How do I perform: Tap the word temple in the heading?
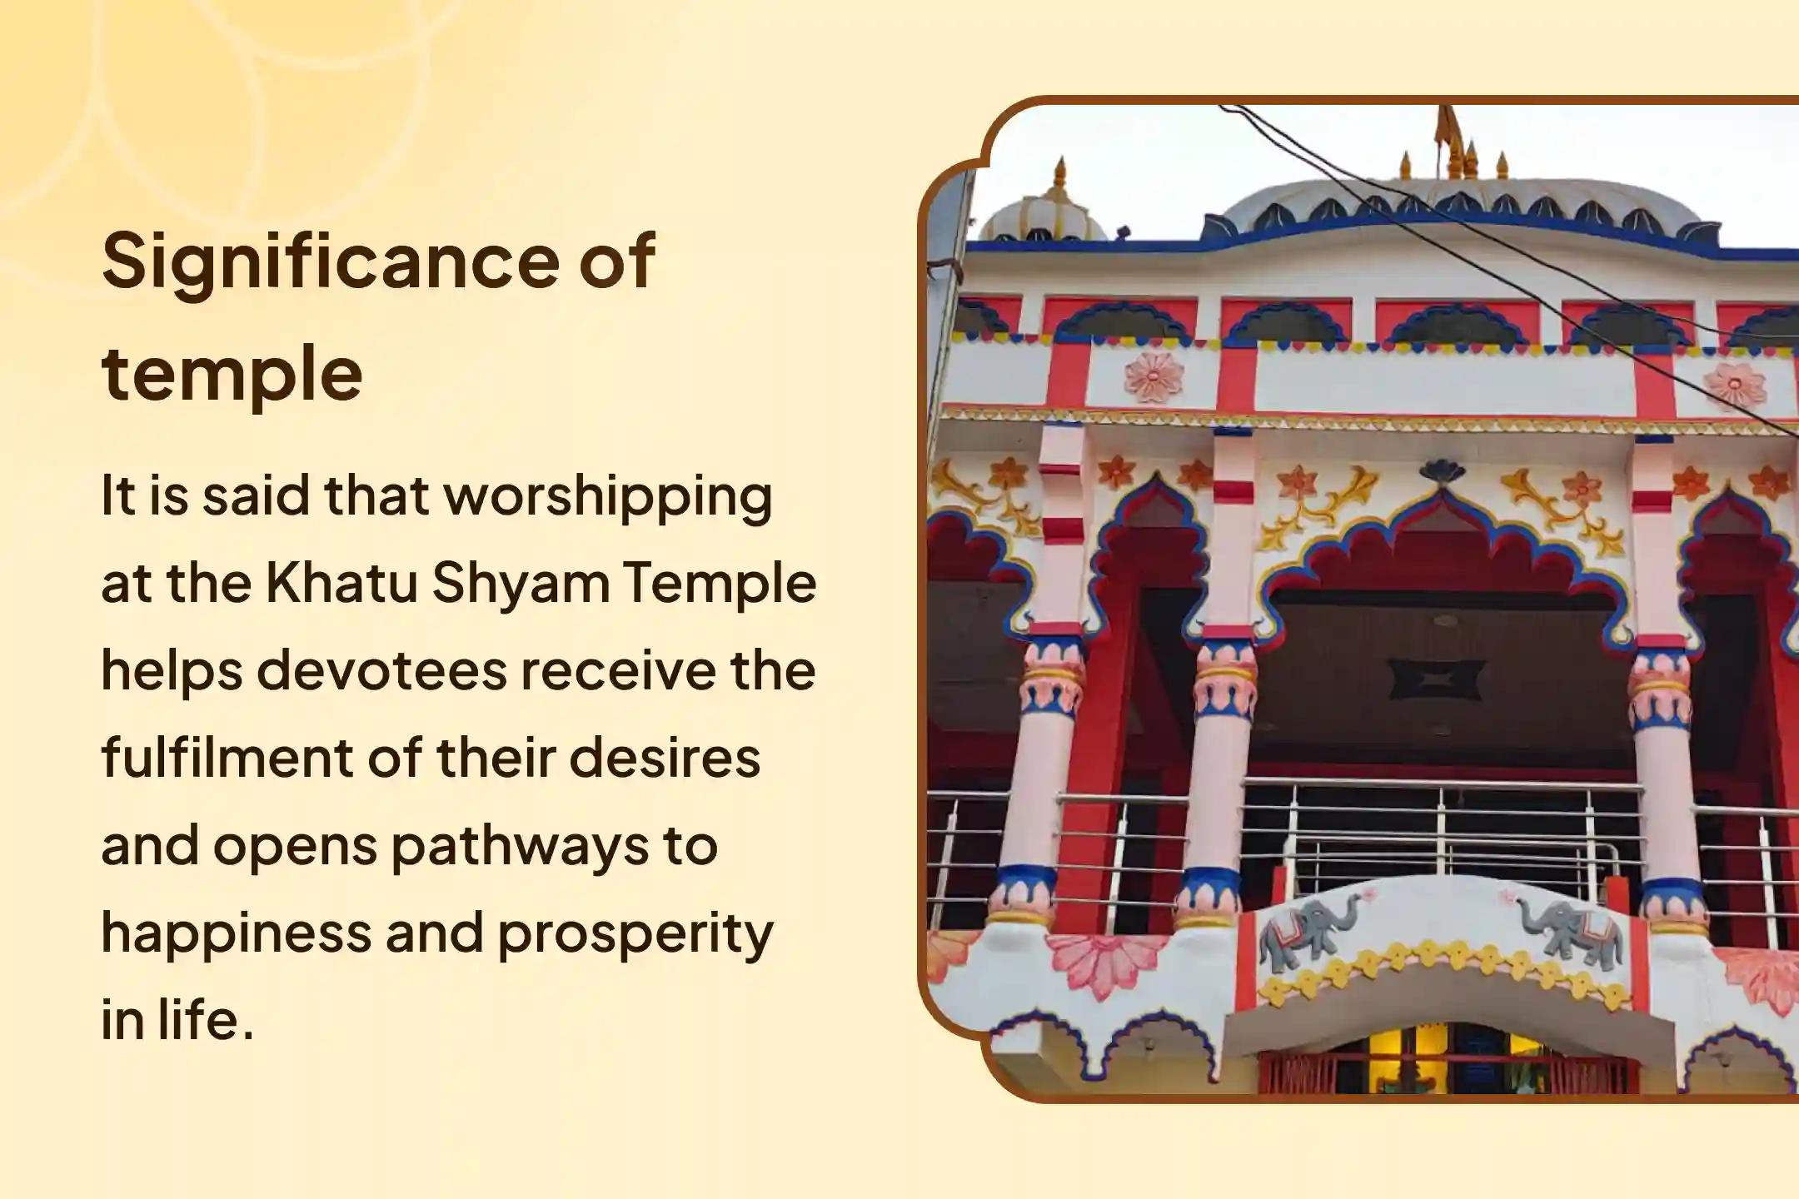tap(232, 374)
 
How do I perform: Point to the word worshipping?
tap(607, 497)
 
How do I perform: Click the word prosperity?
tap(635, 934)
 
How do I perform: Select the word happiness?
tap(237, 933)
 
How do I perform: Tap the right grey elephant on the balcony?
tap(1569, 928)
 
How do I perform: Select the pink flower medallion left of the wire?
tap(1154, 377)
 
